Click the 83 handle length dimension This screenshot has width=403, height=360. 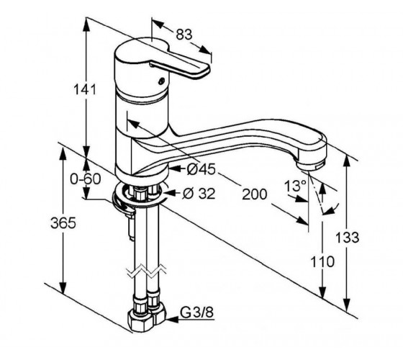pos(184,35)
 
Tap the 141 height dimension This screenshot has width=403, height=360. pos(85,89)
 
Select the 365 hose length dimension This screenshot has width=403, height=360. pos(63,222)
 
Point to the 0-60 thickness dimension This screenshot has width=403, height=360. pos(86,179)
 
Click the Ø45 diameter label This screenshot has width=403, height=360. pos(201,169)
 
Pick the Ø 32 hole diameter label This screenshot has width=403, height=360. pos(199,194)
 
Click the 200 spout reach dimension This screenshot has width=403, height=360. pos(255,194)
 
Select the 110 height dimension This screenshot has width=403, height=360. pos(322,262)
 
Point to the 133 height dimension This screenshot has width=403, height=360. pos(348,238)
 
